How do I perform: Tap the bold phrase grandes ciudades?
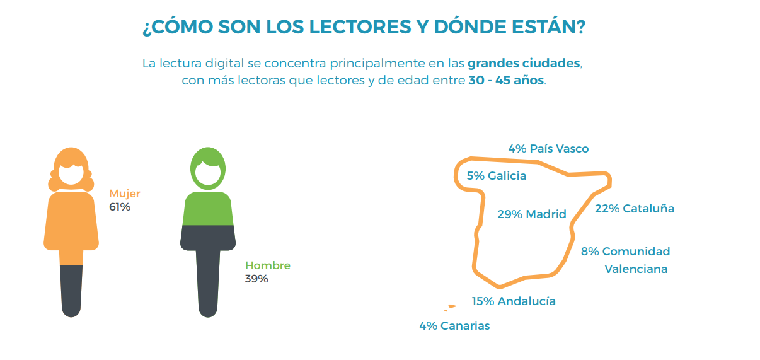pos(524,64)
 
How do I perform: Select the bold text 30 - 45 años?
pos(506,81)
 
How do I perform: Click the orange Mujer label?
pos(125,194)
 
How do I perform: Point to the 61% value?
pos(120,207)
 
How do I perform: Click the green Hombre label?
pos(268,265)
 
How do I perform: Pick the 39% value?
pos(256,279)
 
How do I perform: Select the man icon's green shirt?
pos(208,209)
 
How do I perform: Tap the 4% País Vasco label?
pos(548,149)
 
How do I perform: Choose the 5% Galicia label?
pos(497,176)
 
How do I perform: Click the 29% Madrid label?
pos(532,214)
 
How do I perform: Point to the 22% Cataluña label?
pos(635,208)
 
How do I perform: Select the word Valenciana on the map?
pos(636,269)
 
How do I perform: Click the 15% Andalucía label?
pos(514,301)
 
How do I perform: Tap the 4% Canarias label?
pos(454,326)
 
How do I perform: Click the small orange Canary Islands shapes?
pos(451,308)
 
